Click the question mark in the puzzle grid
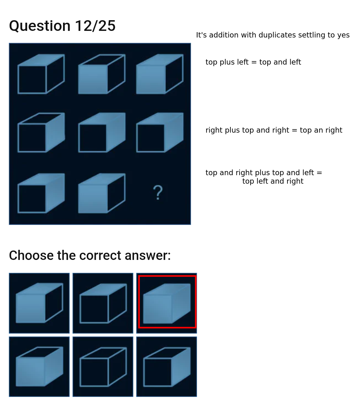coord(158,192)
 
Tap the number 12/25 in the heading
coord(95,26)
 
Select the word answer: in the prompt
coord(148,255)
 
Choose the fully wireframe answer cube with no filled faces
coord(103,367)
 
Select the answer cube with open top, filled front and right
coord(39,367)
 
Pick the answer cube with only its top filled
coord(103,303)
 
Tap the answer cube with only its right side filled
coord(167,367)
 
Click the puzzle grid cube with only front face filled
coord(102,74)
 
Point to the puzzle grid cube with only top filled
coord(41,74)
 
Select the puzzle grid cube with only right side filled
coord(41,133)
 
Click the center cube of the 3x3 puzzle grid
coord(102,133)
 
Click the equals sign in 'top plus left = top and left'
coord(254,62)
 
